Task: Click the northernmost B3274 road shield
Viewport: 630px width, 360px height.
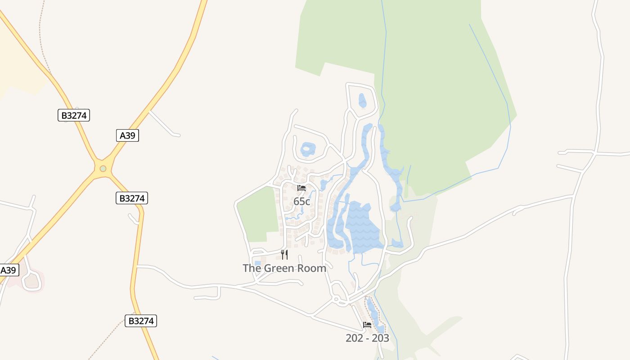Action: pyautogui.click(x=74, y=115)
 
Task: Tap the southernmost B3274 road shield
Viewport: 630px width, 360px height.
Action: pyautogui.click(x=141, y=320)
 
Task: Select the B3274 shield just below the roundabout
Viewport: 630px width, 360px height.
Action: pyautogui.click(x=131, y=198)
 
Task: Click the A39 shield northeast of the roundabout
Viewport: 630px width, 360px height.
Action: pyautogui.click(x=127, y=135)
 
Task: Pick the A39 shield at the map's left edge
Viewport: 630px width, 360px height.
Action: pyautogui.click(x=9, y=270)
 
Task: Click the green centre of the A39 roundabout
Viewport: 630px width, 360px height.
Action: pyautogui.click(x=103, y=169)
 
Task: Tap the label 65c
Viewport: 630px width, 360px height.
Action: pyautogui.click(x=301, y=202)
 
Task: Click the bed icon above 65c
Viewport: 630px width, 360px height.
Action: pyautogui.click(x=301, y=188)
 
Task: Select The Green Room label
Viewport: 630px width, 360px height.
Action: pyautogui.click(x=284, y=268)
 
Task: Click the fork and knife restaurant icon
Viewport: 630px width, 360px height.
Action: pyautogui.click(x=284, y=255)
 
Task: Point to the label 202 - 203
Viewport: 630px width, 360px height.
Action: pyautogui.click(x=367, y=338)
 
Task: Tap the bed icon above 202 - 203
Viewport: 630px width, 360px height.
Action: pyautogui.click(x=367, y=324)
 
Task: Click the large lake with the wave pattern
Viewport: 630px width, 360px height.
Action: pyautogui.click(x=364, y=227)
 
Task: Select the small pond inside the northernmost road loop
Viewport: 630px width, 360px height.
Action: pyautogui.click(x=362, y=100)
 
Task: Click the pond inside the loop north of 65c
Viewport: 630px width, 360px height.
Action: pyautogui.click(x=308, y=149)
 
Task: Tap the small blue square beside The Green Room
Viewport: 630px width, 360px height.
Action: pyautogui.click(x=257, y=264)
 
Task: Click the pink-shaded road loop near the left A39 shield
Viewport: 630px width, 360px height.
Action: pyautogui.click(x=31, y=281)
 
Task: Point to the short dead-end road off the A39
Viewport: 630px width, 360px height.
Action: pyautogui.click(x=164, y=124)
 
